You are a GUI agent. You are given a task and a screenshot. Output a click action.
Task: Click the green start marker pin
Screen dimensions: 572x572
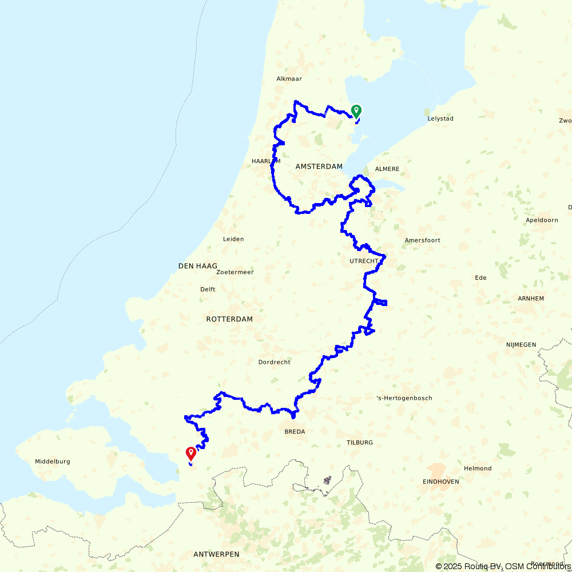[x=356, y=110]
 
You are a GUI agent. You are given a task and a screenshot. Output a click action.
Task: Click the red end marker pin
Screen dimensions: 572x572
[x=190, y=454]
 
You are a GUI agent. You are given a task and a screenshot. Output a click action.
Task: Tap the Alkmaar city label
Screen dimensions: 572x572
[x=289, y=79]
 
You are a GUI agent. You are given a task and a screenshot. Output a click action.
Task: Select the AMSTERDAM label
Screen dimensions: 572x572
[x=319, y=166]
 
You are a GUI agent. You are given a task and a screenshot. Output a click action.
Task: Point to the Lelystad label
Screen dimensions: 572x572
[x=440, y=119]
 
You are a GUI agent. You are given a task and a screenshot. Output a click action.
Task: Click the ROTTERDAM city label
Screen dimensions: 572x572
[x=229, y=319]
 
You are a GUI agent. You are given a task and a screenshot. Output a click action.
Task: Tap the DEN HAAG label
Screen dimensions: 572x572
[x=198, y=266]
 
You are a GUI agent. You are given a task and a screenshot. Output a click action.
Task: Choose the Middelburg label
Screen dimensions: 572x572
[x=53, y=462]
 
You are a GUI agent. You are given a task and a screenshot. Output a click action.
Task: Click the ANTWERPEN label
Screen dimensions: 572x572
[x=216, y=554]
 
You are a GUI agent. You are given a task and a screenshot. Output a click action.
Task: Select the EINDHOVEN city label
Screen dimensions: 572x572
[x=441, y=482]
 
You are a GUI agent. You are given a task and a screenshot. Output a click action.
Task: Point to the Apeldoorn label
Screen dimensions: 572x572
[x=542, y=220]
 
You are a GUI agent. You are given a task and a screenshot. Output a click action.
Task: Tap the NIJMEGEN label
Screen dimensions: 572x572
[x=521, y=344]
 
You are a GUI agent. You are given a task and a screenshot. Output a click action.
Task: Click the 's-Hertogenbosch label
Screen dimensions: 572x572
[x=404, y=398]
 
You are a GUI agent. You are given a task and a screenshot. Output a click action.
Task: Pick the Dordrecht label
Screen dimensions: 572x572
[x=275, y=362]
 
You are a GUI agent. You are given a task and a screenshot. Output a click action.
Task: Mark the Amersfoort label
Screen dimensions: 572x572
[x=422, y=240]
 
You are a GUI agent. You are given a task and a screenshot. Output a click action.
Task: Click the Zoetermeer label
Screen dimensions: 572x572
[x=235, y=272]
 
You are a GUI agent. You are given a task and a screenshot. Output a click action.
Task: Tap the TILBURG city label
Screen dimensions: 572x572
[x=360, y=443]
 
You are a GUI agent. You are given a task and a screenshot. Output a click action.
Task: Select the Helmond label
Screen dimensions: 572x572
[x=478, y=468]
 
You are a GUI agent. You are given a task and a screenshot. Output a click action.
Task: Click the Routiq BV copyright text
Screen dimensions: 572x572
[x=470, y=566]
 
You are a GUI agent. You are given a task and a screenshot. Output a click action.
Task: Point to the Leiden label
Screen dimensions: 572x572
[x=233, y=239]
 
